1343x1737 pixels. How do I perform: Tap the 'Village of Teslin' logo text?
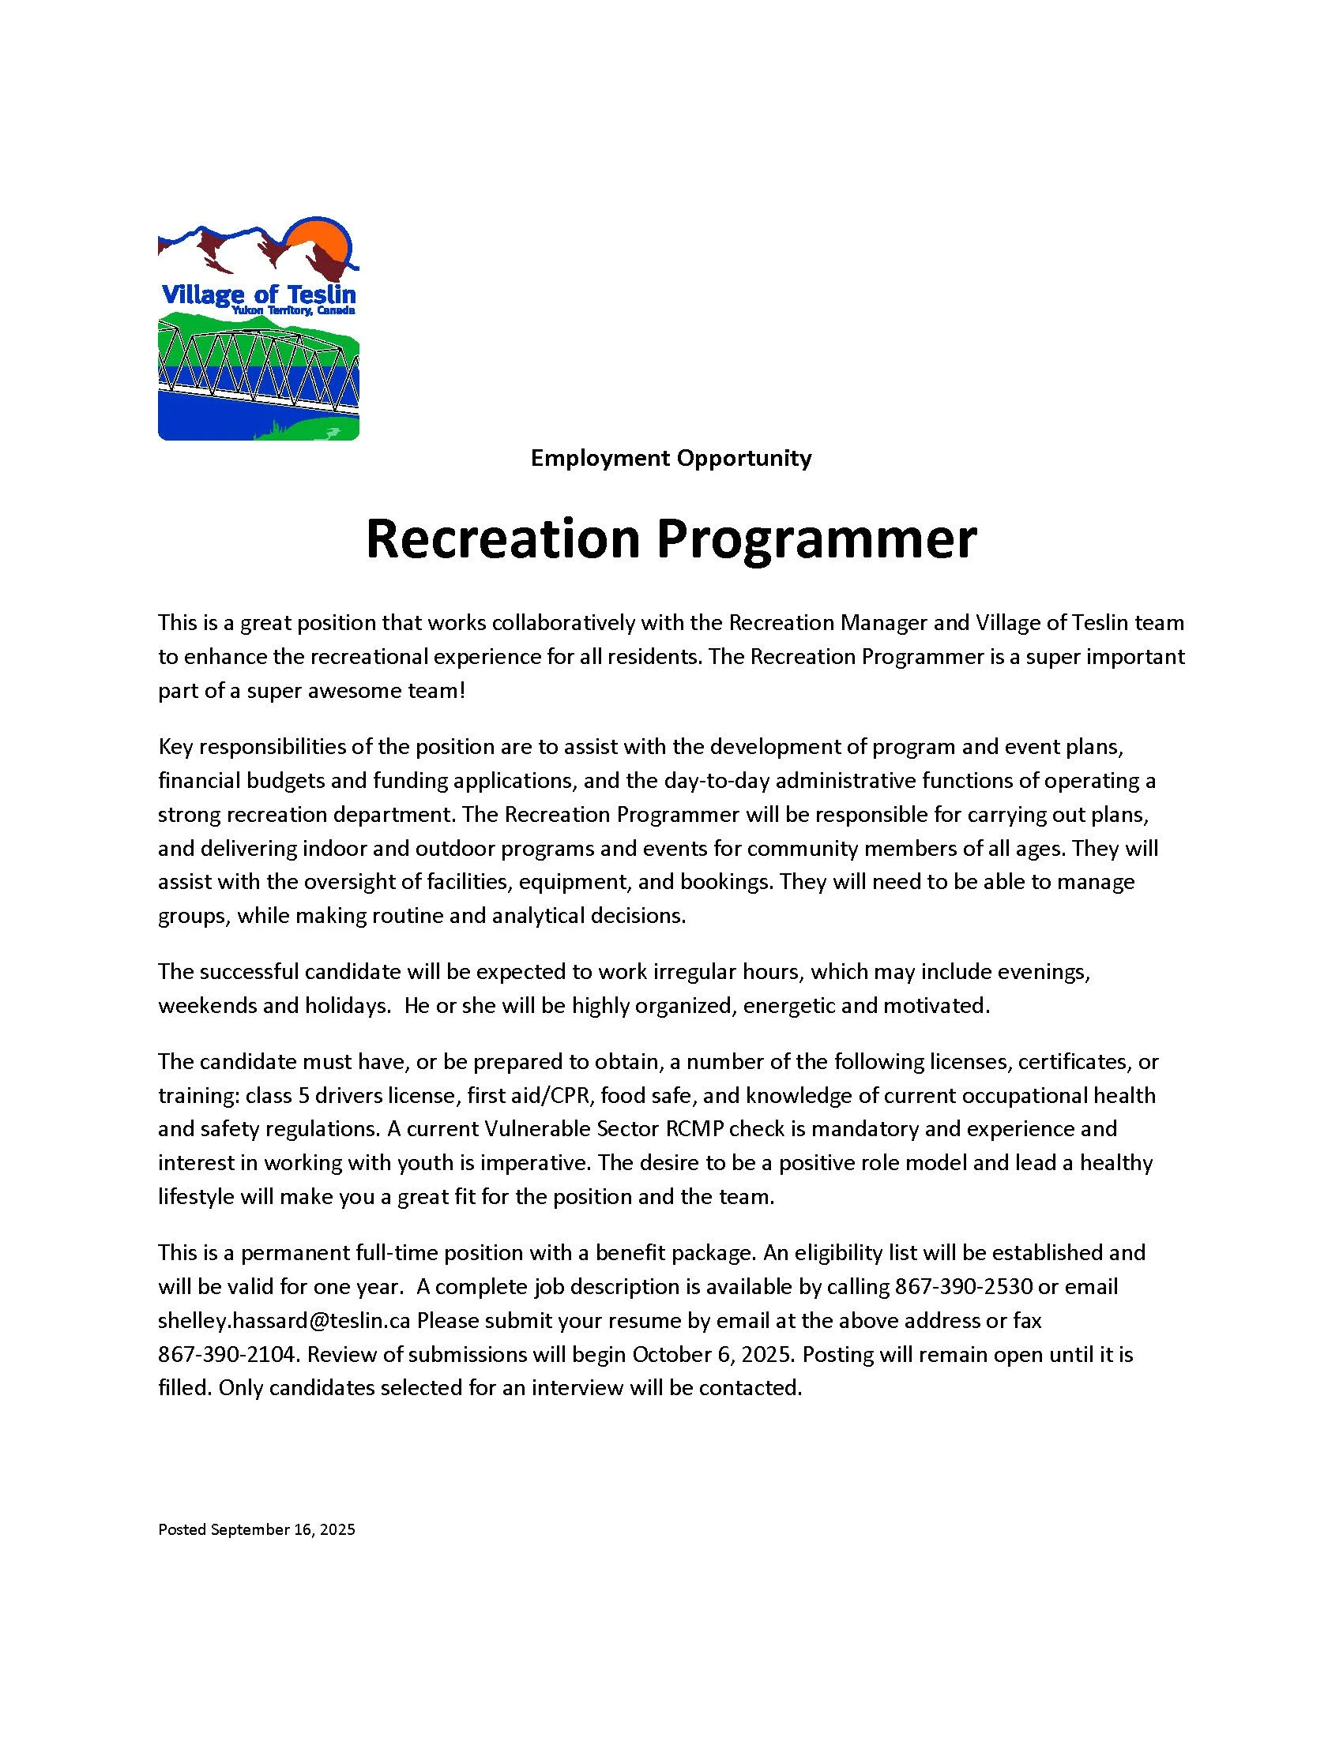click(x=258, y=295)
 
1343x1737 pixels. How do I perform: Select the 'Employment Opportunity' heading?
click(x=671, y=458)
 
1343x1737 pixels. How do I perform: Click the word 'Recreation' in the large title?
click(x=502, y=539)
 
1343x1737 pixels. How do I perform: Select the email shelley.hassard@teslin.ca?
click(x=284, y=1320)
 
